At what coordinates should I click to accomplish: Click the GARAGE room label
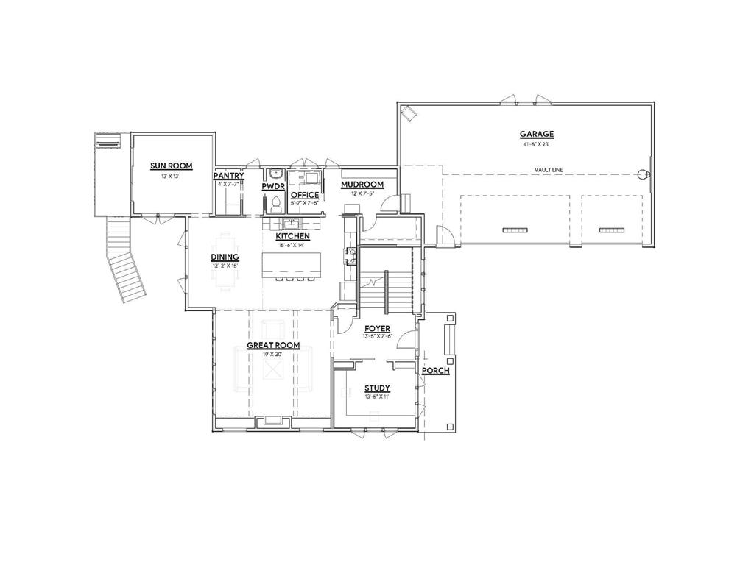click(536, 134)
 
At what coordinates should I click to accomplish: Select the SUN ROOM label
click(166, 166)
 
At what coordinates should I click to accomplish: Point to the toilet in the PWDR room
click(276, 202)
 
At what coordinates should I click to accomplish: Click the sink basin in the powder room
click(275, 175)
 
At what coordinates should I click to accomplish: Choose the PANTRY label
click(228, 177)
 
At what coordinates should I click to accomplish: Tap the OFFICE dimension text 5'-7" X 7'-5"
click(303, 204)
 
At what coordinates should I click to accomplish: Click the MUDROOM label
click(362, 185)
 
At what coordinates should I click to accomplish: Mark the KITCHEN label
click(292, 237)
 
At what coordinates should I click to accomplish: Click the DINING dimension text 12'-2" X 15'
click(225, 266)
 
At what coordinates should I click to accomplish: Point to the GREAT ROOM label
click(272, 345)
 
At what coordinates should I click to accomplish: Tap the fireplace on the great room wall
click(272, 421)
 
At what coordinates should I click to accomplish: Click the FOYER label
click(377, 328)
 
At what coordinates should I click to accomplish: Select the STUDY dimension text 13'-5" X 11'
click(377, 397)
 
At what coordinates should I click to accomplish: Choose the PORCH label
click(435, 371)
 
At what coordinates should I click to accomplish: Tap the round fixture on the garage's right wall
click(643, 175)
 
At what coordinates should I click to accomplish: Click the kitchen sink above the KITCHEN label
click(292, 222)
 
